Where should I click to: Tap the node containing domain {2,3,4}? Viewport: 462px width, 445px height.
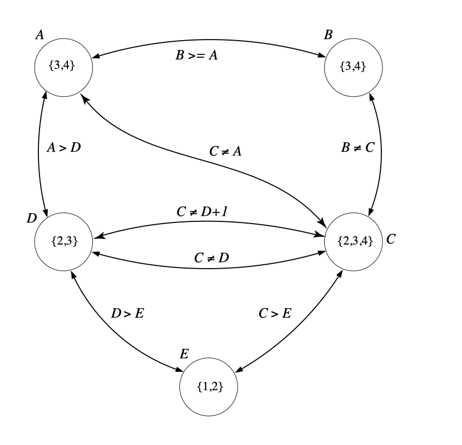click(x=353, y=241)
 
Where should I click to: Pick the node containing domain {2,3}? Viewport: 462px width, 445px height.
click(x=63, y=241)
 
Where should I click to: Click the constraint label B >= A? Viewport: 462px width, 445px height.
click(x=193, y=56)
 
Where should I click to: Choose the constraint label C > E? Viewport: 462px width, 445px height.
click(x=275, y=314)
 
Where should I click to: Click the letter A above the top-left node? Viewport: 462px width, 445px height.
click(x=40, y=35)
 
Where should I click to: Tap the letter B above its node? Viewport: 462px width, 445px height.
click(x=329, y=35)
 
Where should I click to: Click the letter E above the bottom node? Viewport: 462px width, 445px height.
click(x=184, y=354)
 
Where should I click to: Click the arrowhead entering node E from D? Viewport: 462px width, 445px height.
click(x=178, y=372)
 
